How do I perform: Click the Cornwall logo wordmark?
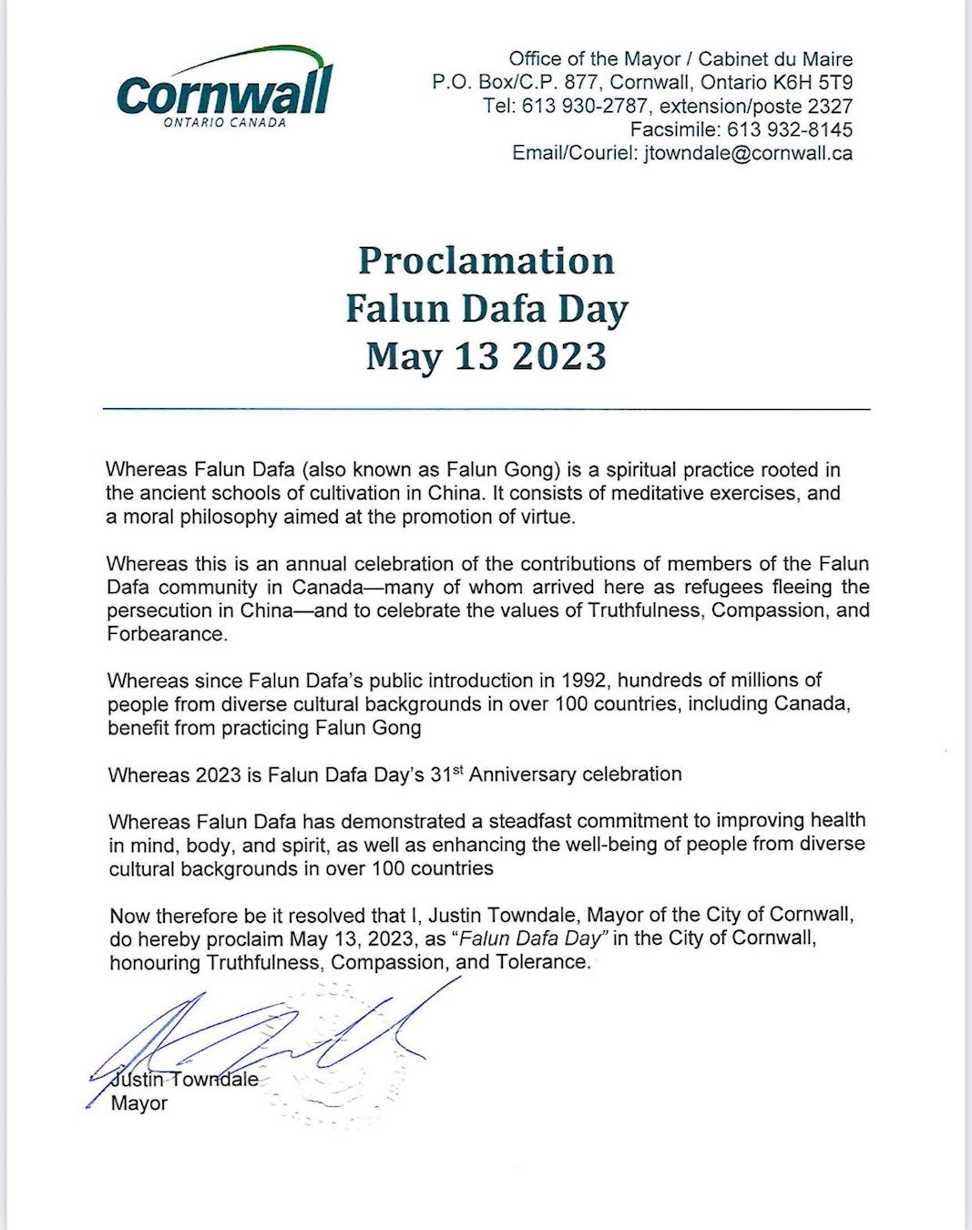(224, 92)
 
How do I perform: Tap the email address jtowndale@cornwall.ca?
(748, 153)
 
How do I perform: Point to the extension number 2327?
(830, 106)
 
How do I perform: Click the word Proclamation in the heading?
(486, 261)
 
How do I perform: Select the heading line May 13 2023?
(486, 355)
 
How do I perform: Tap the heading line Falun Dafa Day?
(486, 308)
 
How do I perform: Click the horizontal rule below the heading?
(486, 410)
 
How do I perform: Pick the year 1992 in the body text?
(584, 681)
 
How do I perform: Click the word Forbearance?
(165, 634)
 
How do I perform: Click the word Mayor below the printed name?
(139, 1103)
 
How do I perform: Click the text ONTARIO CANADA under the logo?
(224, 123)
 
